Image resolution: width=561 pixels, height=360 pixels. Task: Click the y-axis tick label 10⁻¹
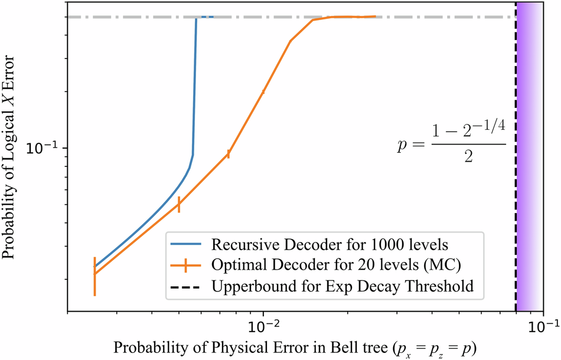44,148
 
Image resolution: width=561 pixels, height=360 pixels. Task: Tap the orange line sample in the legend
186,266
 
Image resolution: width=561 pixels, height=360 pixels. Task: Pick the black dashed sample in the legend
186,287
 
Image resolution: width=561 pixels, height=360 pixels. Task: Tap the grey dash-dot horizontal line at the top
413,17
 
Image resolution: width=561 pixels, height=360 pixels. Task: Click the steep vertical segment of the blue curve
195,89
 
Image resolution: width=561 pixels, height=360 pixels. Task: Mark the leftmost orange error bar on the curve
94,276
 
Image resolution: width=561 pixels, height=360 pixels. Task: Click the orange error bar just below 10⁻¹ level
229,154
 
